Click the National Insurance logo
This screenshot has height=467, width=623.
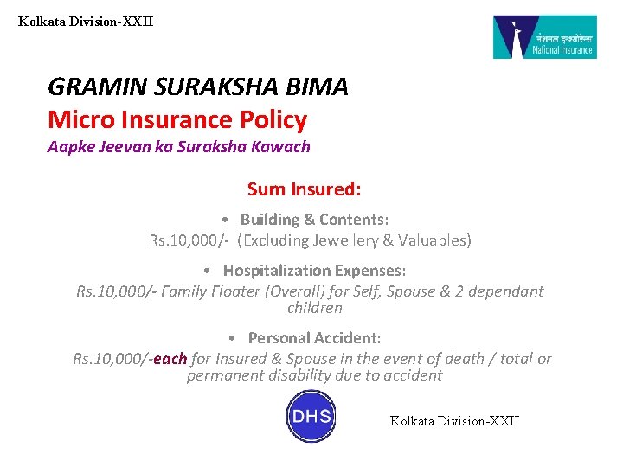coord(544,37)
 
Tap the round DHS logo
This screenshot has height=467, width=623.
coord(311,416)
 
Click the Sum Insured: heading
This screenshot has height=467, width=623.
coord(304,189)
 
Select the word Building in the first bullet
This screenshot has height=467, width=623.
coord(271,220)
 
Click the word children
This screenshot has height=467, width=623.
coord(315,308)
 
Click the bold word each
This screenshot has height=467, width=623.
coord(170,359)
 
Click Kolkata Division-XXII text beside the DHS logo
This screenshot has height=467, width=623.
coord(455,421)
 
